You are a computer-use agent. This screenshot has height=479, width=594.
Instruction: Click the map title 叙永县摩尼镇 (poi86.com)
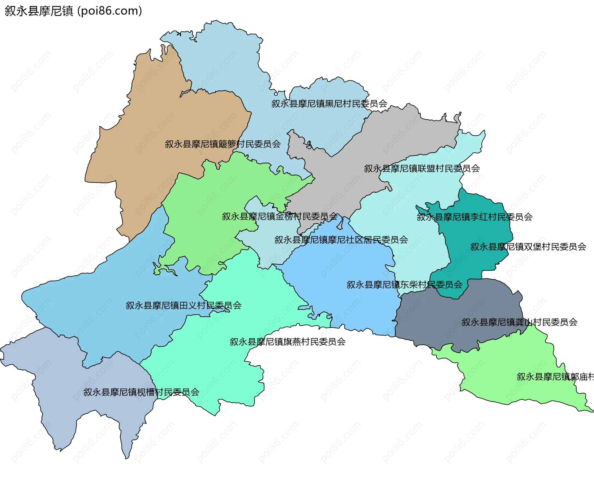(x=73, y=11)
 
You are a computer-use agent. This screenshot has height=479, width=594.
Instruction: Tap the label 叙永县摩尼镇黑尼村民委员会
(x=329, y=104)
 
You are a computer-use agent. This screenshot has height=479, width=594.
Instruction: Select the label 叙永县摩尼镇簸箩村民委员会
(x=223, y=144)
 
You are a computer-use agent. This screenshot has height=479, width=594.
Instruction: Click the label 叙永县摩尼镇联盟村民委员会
(x=422, y=168)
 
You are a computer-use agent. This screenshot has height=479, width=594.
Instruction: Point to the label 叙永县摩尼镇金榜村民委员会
(x=280, y=216)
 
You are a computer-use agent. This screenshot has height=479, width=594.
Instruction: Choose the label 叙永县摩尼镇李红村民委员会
(x=475, y=217)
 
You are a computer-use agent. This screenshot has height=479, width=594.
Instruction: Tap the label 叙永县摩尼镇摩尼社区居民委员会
(x=341, y=240)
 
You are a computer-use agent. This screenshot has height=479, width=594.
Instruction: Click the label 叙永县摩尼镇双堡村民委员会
(x=528, y=247)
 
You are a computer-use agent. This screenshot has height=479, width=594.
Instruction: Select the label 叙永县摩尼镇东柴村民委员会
(x=404, y=285)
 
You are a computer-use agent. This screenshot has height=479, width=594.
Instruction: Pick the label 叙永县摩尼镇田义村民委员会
(x=183, y=306)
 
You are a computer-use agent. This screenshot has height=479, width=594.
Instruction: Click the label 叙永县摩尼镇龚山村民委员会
(x=519, y=322)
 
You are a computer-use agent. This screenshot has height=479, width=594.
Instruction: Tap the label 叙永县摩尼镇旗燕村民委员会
(x=287, y=342)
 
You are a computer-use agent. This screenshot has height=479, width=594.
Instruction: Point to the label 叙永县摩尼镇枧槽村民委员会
(x=141, y=392)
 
